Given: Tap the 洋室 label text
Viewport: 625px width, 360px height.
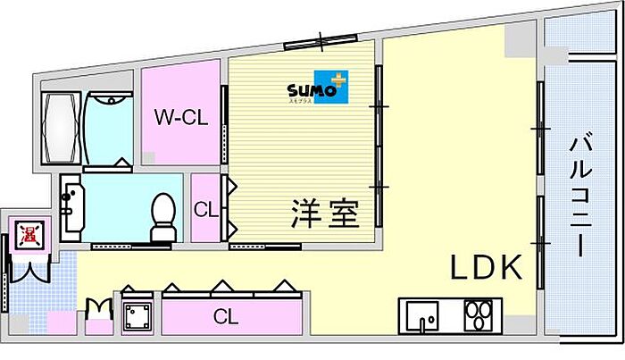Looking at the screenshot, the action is (x=323, y=214).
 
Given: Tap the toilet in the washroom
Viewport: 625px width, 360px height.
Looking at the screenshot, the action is (x=162, y=217).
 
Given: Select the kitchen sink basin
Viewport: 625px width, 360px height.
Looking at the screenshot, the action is (x=421, y=317).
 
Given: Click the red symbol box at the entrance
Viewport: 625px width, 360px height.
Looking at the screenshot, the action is (x=29, y=235).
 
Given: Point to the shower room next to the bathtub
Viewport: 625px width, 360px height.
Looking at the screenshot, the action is (x=109, y=130).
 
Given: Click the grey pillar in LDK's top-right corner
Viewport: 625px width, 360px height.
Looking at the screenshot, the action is (x=517, y=39).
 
